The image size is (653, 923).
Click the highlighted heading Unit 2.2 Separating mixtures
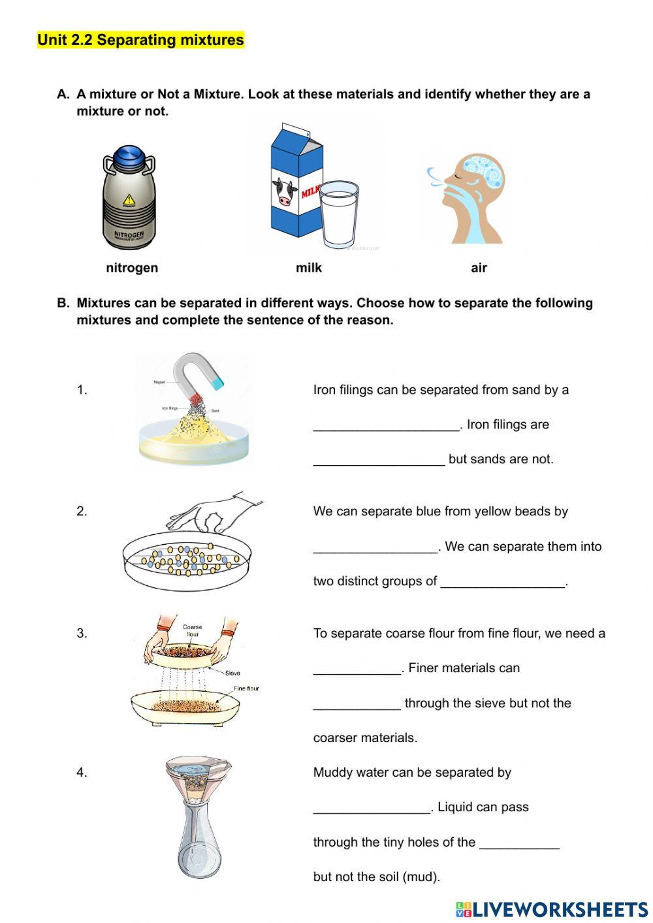140,40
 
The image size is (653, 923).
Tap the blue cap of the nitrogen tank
132,157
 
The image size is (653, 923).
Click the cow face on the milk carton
284,192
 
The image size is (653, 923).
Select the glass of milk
339,214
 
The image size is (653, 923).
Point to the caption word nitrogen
132,268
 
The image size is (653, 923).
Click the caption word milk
308,268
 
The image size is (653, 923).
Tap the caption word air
479,268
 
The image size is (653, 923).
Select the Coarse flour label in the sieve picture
192,630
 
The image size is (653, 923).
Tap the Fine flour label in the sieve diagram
246,688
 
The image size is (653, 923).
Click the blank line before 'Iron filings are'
387,425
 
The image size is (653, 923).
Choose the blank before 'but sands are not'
379,460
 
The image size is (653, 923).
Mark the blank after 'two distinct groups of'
502,582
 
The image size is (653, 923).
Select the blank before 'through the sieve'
357,704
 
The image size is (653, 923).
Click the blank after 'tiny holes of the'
519,843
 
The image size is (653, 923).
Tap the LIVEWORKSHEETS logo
551,909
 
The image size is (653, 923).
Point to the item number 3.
82,633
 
